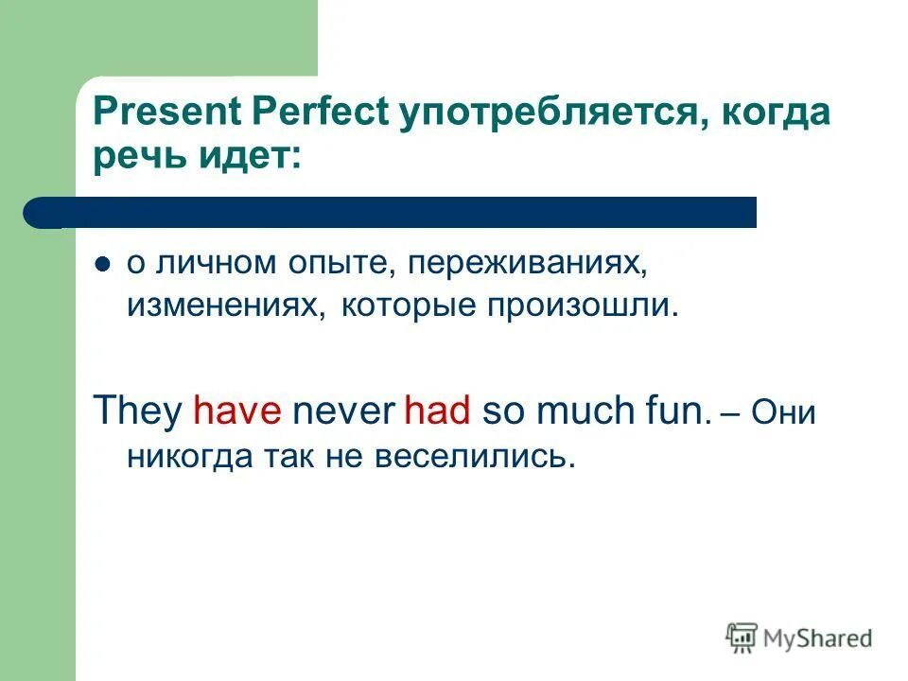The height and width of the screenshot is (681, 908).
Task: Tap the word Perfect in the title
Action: click(321, 113)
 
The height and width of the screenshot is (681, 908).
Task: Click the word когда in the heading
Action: click(776, 113)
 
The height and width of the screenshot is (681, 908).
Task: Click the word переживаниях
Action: click(528, 266)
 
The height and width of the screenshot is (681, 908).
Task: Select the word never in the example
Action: click(343, 413)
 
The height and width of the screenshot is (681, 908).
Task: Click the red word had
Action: click(437, 413)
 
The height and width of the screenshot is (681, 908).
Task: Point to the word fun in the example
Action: click(673, 413)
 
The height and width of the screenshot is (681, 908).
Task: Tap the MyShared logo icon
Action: click(742, 638)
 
